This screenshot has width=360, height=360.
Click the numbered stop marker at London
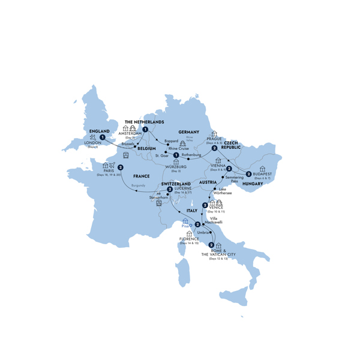click(x=103, y=137)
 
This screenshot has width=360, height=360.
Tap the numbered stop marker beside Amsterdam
click(x=145, y=129)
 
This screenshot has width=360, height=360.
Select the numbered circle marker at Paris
click(x=121, y=167)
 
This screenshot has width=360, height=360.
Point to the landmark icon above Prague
click(x=214, y=134)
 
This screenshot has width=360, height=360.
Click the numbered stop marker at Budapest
click(x=248, y=174)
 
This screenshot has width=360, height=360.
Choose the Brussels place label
click(x=127, y=144)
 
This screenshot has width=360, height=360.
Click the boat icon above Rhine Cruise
click(x=183, y=143)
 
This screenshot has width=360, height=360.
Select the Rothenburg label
click(x=192, y=155)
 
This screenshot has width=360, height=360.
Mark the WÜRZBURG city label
click(x=176, y=167)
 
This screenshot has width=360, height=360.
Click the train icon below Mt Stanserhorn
click(x=159, y=204)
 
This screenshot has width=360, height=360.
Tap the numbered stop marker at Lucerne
click(x=170, y=190)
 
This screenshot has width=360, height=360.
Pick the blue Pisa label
click(x=185, y=226)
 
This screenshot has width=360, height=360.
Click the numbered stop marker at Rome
click(x=211, y=244)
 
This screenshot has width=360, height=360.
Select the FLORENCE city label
click(x=189, y=239)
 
